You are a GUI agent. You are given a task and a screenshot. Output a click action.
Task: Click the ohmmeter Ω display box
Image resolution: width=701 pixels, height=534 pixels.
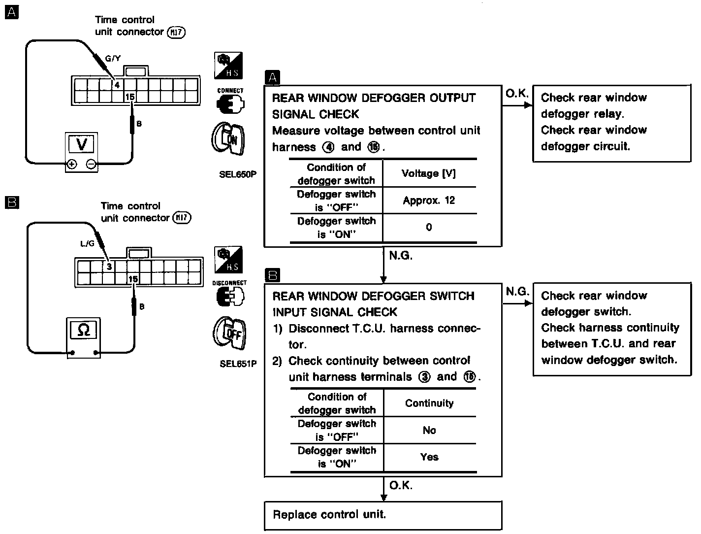point(84,330)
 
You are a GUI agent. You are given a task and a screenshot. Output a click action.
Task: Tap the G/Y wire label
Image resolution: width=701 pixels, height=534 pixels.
point(113,58)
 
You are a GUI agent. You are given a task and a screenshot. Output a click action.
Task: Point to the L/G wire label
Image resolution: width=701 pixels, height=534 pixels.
point(87,243)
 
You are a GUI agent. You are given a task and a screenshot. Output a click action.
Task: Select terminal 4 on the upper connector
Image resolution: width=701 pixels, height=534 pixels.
point(117,84)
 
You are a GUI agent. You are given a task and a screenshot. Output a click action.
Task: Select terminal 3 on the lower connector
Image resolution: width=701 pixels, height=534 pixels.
point(109,267)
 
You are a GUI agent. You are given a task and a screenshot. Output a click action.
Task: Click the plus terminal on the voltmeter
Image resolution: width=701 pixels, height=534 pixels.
point(72,165)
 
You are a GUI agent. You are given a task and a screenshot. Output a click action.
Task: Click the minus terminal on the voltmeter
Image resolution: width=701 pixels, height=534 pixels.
point(91,165)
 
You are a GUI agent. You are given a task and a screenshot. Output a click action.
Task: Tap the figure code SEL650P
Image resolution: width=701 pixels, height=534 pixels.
point(238,174)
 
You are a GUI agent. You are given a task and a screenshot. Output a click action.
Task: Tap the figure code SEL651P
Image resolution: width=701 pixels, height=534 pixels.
point(238,364)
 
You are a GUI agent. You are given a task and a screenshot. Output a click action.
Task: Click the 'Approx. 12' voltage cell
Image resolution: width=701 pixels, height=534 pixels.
point(429,200)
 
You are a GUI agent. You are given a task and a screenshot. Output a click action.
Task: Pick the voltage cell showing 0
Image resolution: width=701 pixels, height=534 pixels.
point(429,227)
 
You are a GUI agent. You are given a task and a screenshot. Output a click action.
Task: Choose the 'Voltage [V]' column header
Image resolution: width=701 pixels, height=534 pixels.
point(429,173)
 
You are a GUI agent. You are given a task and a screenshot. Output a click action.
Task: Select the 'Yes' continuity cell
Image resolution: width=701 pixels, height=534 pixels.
point(429,457)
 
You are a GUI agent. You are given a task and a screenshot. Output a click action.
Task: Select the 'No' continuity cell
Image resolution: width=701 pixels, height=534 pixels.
point(429,430)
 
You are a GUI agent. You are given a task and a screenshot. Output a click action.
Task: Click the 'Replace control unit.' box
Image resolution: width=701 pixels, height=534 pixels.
point(383,515)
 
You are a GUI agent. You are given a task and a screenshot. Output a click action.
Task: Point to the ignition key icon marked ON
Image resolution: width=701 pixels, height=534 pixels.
point(228,139)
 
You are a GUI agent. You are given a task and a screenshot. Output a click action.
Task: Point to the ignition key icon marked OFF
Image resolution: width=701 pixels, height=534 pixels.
point(229,334)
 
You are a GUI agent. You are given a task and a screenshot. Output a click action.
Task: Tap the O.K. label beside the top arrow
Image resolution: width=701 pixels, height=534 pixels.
point(516,93)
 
